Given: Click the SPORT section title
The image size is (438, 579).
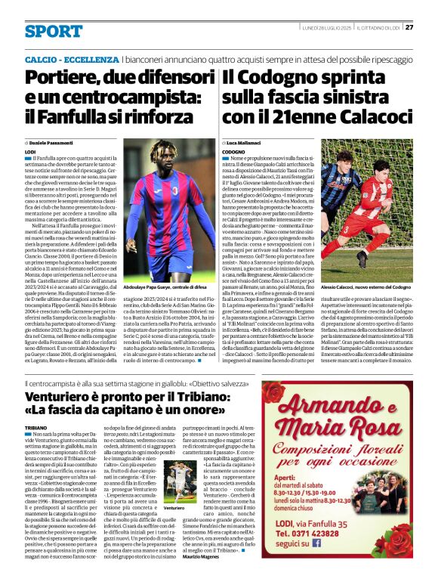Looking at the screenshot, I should click(x=54, y=32).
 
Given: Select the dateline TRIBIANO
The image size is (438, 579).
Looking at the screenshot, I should click(x=39, y=428).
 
